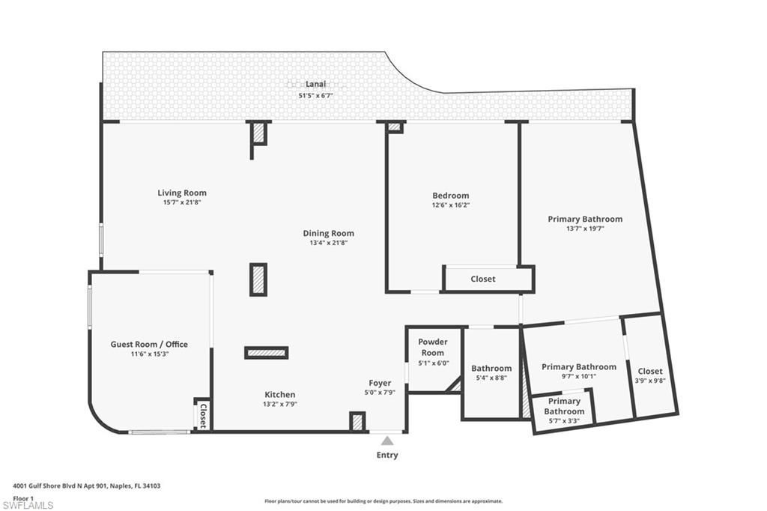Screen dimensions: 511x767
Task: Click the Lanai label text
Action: pyautogui.click(x=315, y=84)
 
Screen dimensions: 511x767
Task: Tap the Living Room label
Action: pyautogui.click(x=182, y=193)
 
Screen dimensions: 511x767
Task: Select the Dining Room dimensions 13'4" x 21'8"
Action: pyautogui.click(x=328, y=243)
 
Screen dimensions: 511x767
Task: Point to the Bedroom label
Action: pyautogui.click(x=451, y=196)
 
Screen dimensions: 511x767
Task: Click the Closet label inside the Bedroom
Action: pyautogui.click(x=482, y=279)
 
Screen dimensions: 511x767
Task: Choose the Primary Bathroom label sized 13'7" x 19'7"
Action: pyautogui.click(x=585, y=219)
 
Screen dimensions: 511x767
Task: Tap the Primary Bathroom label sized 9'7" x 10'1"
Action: pyautogui.click(x=579, y=366)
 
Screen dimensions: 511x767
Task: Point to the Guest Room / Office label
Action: pyautogui.click(x=149, y=344)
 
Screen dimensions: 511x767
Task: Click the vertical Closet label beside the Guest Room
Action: pyautogui.click(x=202, y=415)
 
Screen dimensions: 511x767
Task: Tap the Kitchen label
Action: pyautogui.click(x=279, y=394)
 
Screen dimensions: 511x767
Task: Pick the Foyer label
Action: pyautogui.click(x=380, y=383)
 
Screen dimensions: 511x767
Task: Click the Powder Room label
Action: pyautogui.click(x=432, y=347)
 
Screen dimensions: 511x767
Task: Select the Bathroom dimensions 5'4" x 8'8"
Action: pyautogui.click(x=491, y=378)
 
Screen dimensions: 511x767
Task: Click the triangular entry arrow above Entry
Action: pyautogui.click(x=387, y=441)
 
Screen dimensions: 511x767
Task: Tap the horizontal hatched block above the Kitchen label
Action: pyautogui.click(x=267, y=352)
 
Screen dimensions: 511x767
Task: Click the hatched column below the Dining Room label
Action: pyautogui.click(x=258, y=279)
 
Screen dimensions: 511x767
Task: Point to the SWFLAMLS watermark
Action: pyautogui.click(x=28, y=505)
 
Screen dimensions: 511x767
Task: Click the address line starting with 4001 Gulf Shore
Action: pyautogui.click(x=87, y=486)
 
